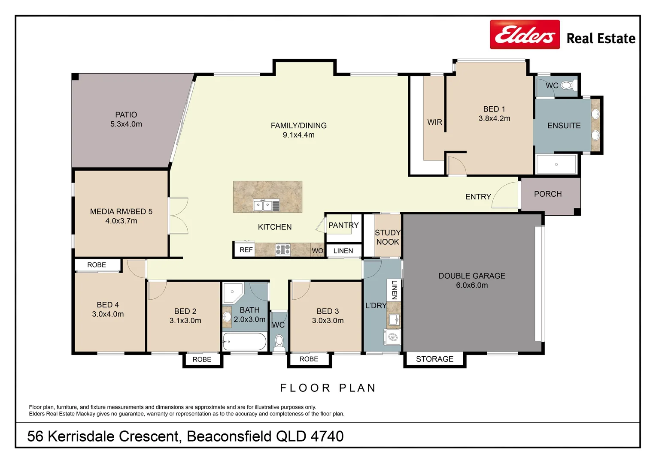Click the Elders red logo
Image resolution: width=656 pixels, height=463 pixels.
tap(525, 35)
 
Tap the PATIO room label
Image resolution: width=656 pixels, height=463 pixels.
tap(126, 115)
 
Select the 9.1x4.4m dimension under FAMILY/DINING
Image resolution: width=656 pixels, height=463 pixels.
tap(298, 135)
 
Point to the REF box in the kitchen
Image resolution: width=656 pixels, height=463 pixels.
tap(246, 250)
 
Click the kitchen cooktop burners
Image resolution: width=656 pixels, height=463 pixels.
tap(282, 250)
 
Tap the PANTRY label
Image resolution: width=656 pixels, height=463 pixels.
tap(343, 225)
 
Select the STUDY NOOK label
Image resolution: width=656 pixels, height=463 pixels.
tap(388, 237)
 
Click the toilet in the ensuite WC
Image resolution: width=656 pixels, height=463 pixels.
tap(567, 85)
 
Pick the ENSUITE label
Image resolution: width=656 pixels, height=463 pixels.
tap(564, 126)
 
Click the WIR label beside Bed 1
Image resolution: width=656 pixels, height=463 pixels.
tap(434, 122)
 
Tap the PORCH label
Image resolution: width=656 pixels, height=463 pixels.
tap(547, 194)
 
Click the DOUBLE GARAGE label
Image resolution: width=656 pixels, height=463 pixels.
tap(471, 276)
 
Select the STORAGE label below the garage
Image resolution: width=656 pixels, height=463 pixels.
tap(434, 359)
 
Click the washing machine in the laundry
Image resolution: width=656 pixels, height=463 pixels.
tap(393, 337)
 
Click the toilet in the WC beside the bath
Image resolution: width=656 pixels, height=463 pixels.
tap(279, 342)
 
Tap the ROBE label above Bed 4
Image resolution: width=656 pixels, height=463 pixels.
tap(97, 265)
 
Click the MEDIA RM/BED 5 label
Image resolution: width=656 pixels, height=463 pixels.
tap(121, 211)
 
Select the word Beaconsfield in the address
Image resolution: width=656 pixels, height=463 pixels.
tap(229, 436)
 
